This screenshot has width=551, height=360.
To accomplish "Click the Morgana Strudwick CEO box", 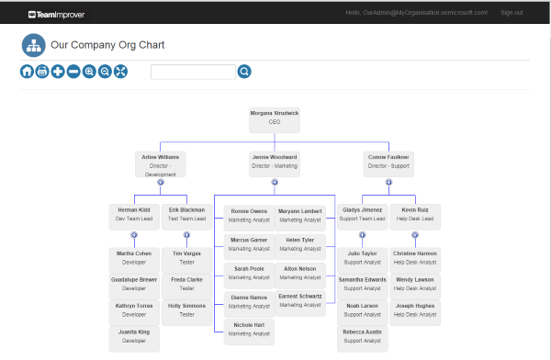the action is (275, 118).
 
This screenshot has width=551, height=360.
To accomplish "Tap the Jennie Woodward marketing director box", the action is (275, 162).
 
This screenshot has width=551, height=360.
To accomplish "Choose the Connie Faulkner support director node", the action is (388, 162).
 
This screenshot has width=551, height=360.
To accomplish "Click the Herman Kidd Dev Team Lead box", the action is (134, 215).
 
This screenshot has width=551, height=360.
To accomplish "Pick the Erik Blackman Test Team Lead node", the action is (186, 215).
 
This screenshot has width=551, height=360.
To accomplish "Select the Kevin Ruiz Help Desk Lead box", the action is (415, 215).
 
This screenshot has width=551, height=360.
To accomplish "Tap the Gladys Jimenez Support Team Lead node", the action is (363, 215).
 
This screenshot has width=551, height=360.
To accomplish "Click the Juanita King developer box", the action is (134, 336).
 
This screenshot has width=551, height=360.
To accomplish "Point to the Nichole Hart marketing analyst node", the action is (249, 329).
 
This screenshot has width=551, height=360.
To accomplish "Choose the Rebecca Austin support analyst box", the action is (363, 336).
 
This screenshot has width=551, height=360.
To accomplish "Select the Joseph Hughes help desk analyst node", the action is (415, 310).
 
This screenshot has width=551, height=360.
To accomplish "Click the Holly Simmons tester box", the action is (186, 310).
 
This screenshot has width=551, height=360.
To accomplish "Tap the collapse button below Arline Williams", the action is (161, 182).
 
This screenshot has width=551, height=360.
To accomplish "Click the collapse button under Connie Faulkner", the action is (388, 182).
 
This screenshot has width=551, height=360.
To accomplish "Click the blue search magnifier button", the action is (244, 72).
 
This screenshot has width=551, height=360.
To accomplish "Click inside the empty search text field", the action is (193, 72).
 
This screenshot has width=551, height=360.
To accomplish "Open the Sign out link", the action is (512, 13).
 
